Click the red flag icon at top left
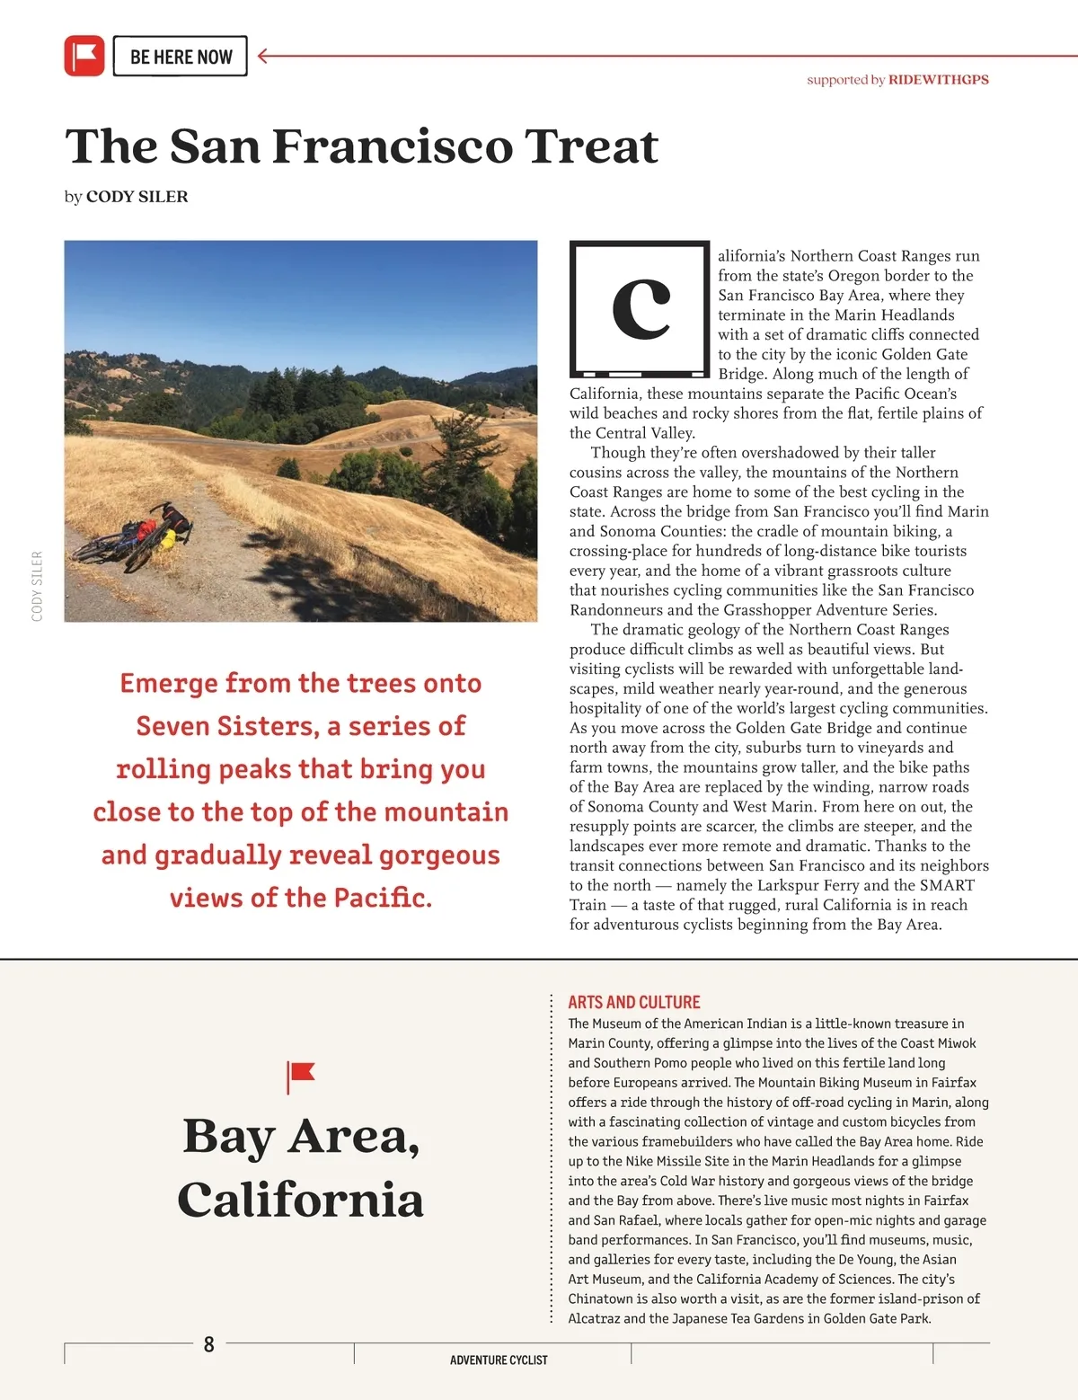coord(84,56)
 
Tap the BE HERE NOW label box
coord(181,57)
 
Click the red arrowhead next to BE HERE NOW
coord(263,56)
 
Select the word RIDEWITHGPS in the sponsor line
coord(938,79)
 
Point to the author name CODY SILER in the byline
coord(137,197)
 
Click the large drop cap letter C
coord(641,308)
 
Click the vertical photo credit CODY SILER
coord(37,586)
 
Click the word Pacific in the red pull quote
coord(381,898)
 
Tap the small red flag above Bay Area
coord(300,1075)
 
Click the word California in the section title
coord(300,1200)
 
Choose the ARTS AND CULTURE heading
coord(633,1002)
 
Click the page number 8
coord(209,1344)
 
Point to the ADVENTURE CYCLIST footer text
coord(499,1360)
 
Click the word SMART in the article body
coord(947,885)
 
